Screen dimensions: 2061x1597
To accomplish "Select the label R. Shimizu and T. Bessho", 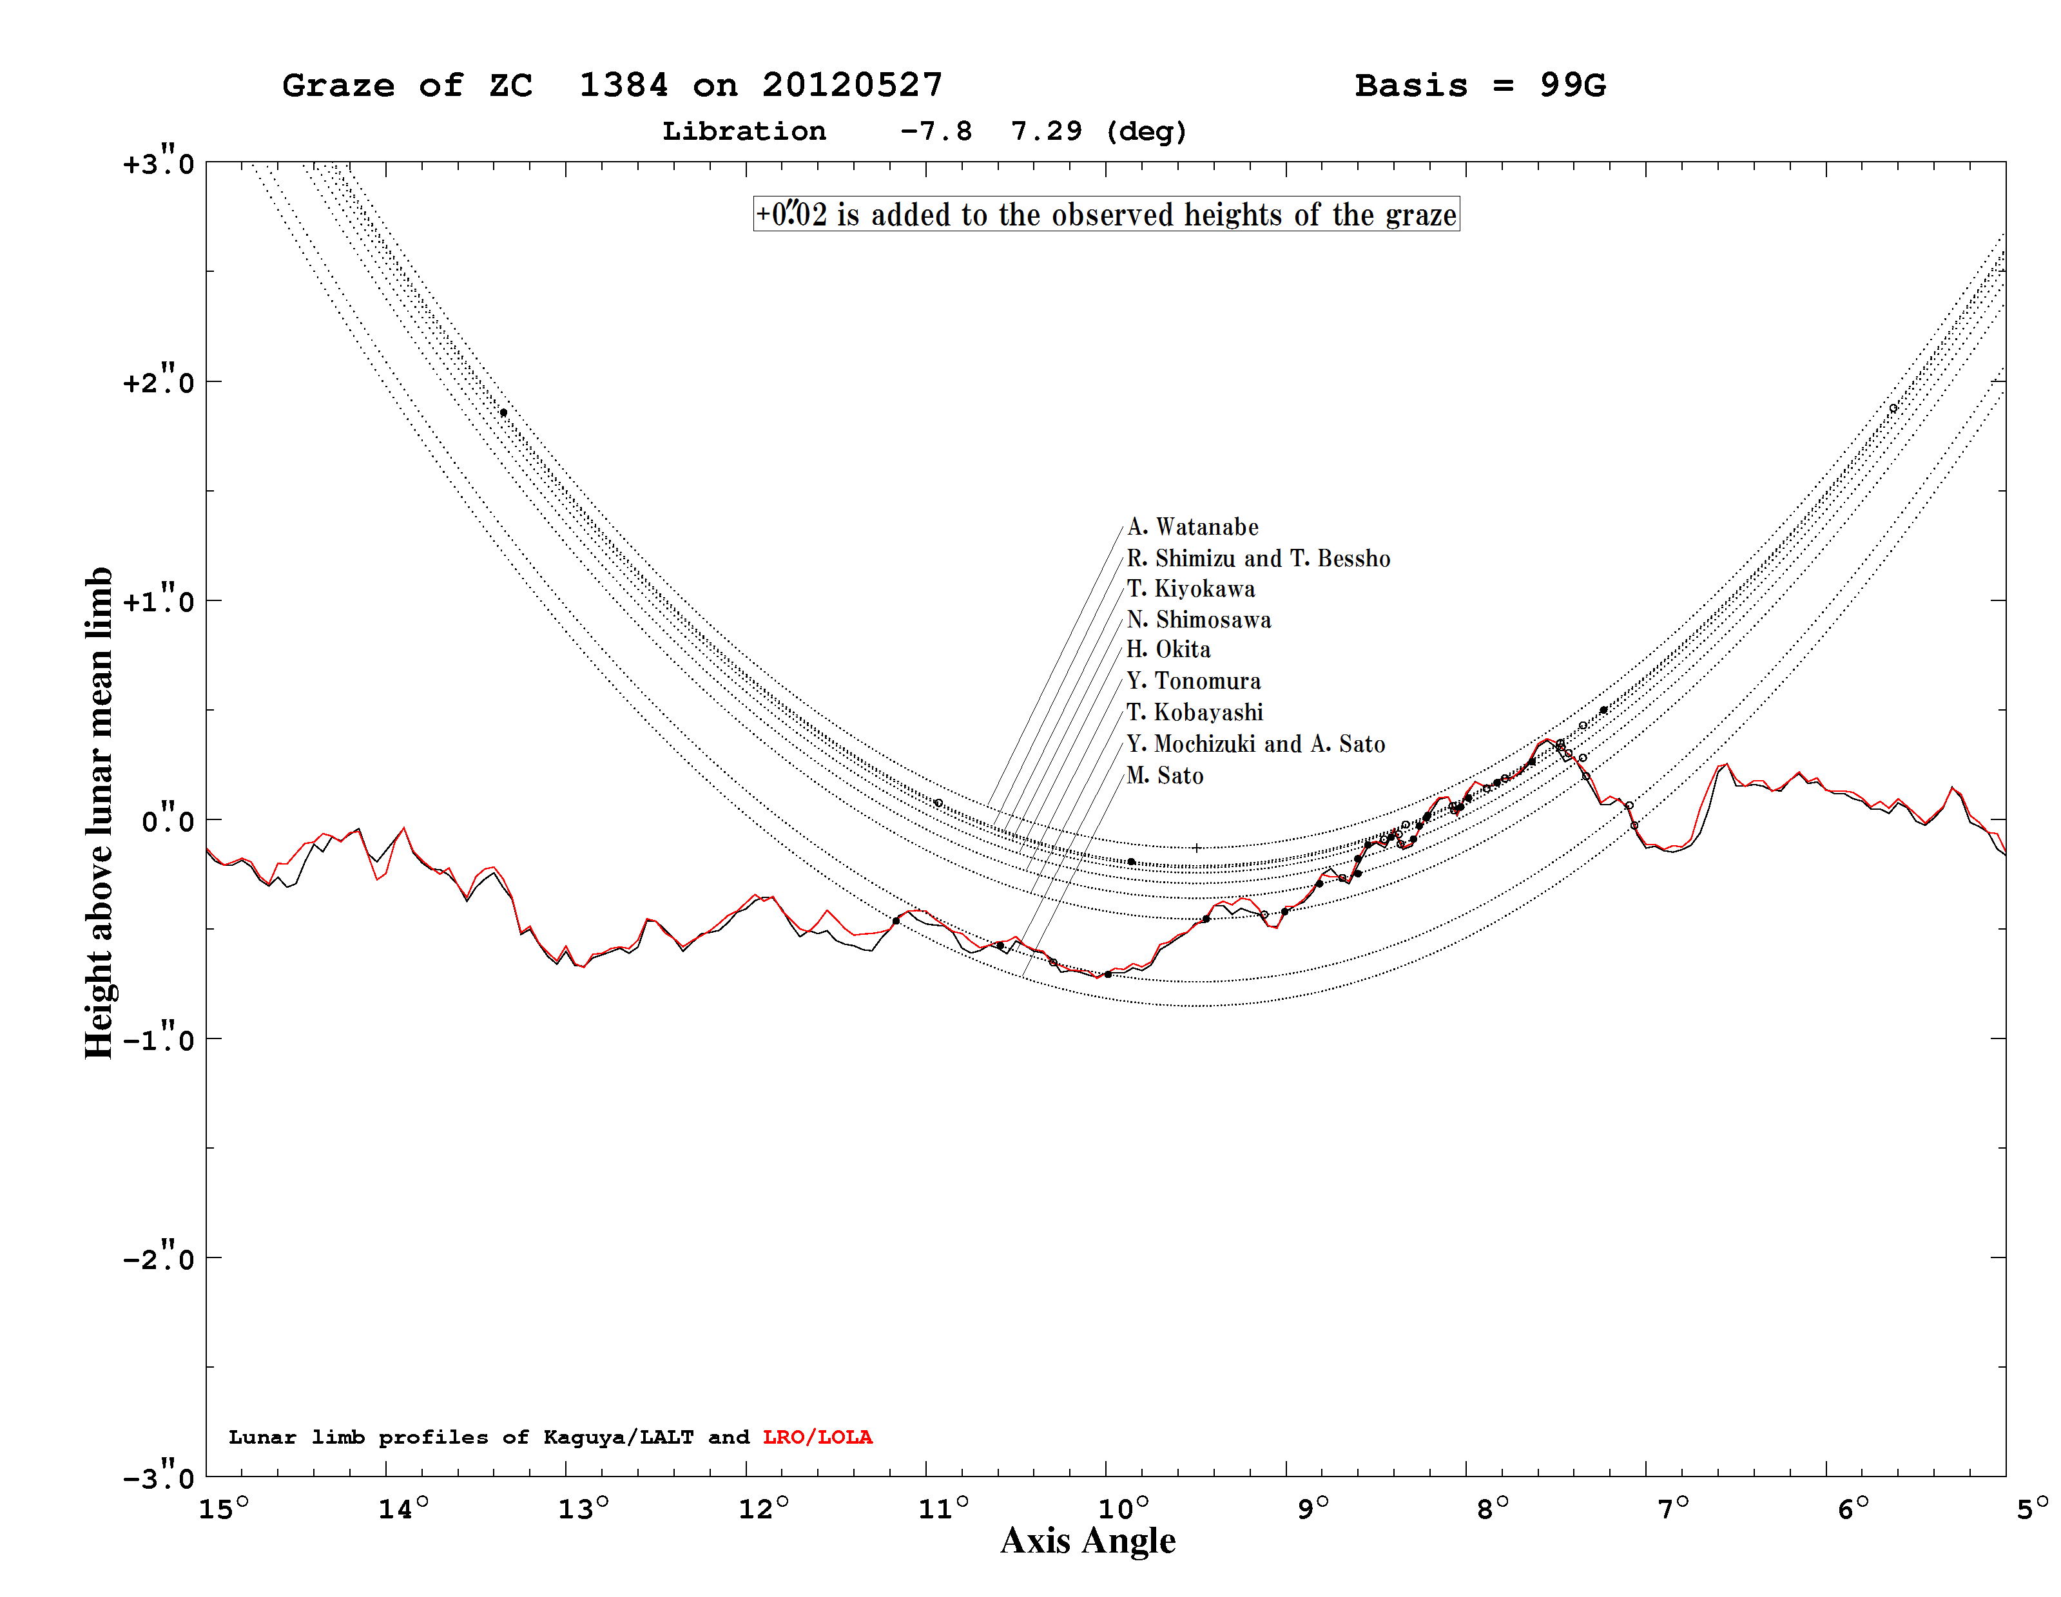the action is (1259, 559).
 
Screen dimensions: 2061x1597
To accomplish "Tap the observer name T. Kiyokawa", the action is (1191, 589).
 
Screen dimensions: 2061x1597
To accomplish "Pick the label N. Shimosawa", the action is (1199, 620).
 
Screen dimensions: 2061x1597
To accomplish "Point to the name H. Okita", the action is (1168, 650).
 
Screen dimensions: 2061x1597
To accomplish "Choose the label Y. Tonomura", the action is (1194, 681).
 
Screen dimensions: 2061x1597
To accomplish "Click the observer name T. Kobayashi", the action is (1195, 712).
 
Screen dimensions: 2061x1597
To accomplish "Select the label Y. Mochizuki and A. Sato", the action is (1256, 744).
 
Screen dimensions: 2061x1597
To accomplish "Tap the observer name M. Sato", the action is (1165, 776).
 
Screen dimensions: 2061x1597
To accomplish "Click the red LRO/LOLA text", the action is (817, 1437).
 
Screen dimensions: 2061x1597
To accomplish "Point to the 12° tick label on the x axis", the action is (762, 1508).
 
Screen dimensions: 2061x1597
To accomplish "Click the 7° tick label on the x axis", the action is (1673, 1508).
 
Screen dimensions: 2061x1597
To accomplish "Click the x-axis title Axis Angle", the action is (1088, 1540).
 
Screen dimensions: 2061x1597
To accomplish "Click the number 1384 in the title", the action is (623, 85).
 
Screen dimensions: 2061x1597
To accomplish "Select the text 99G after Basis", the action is (1572, 85).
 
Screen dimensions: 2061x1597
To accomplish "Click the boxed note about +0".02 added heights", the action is (1106, 214).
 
